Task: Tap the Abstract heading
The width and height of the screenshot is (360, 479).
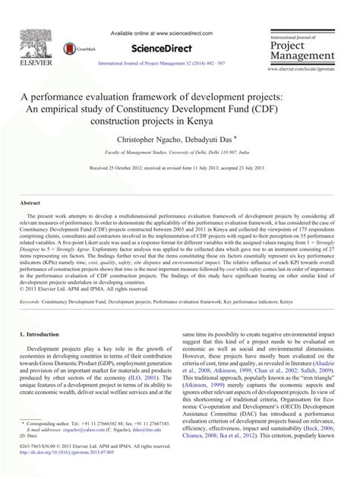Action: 30,203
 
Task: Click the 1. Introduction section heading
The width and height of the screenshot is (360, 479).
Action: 43,334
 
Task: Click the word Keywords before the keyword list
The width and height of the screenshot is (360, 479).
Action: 34,301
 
